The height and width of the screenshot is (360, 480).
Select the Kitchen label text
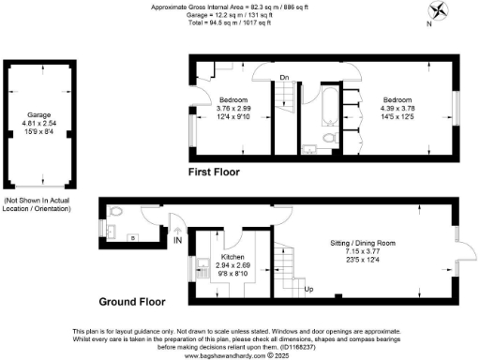(x=232, y=257)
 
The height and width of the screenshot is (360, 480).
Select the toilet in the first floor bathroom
(x=327, y=139)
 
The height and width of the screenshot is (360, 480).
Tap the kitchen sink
(x=200, y=272)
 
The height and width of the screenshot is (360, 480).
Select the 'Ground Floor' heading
(x=132, y=303)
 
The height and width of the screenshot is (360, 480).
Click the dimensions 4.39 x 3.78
(x=397, y=107)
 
